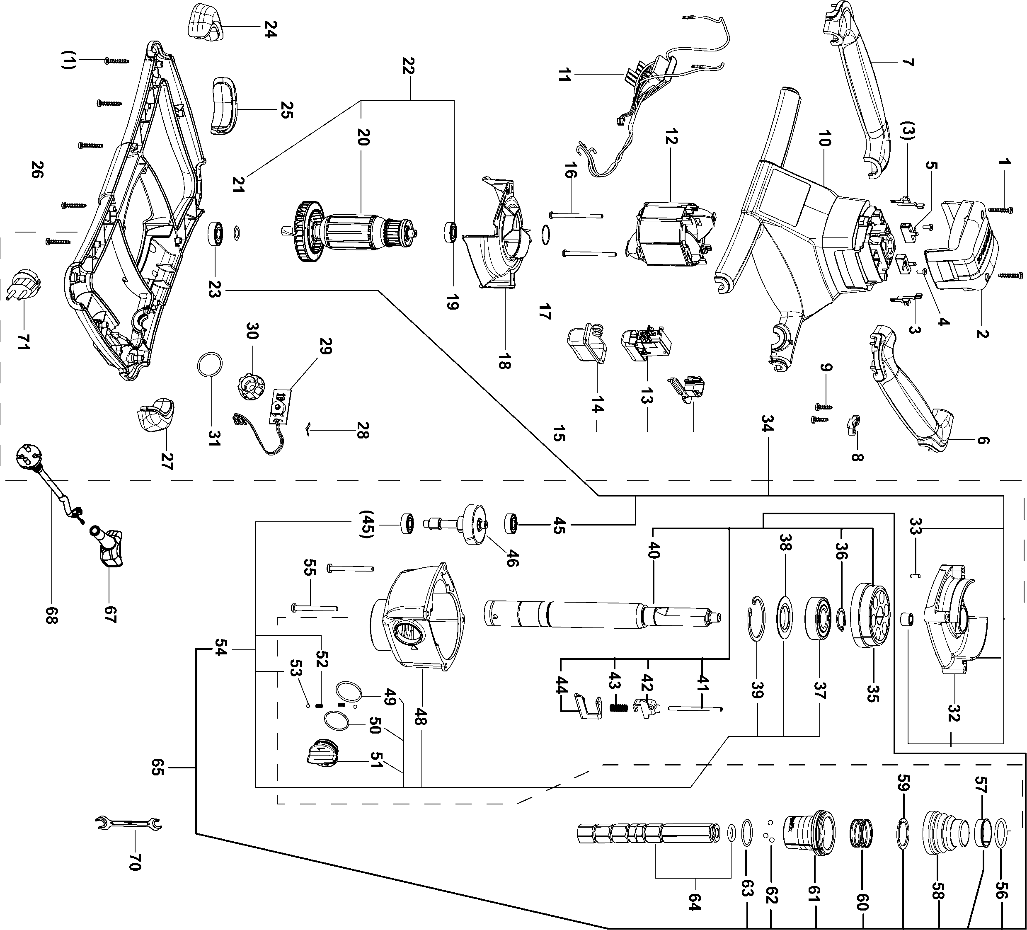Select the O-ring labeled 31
click(x=209, y=365)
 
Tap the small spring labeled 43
click(x=618, y=708)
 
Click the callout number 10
click(x=824, y=138)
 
